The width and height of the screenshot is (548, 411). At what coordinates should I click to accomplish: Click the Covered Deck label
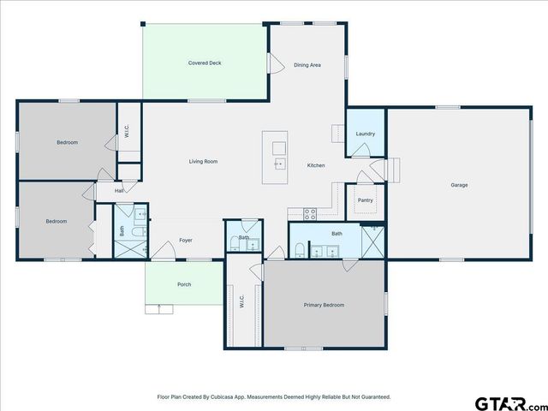coord(205,63)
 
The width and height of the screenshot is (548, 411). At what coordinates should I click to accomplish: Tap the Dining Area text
coord(307,65)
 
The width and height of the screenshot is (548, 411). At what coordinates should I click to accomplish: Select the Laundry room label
coord(365,134)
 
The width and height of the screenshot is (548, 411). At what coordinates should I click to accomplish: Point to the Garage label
coord(459,185)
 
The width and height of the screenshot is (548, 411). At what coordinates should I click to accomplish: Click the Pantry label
coord(365,200)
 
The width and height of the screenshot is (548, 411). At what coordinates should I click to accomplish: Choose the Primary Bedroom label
coord(324,305)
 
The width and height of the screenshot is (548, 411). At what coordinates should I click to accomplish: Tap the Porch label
coord(184,284)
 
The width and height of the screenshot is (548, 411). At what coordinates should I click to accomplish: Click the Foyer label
coord(185,241)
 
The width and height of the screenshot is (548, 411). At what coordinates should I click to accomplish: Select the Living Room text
coord(203,161)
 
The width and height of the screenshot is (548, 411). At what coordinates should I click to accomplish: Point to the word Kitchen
coord(316,164)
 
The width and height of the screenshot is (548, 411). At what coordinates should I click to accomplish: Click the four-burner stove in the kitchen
coord(310,211)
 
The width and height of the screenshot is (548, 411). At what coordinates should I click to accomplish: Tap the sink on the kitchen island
coord(279,162)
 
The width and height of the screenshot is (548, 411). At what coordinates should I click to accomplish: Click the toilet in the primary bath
coord(298,250)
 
